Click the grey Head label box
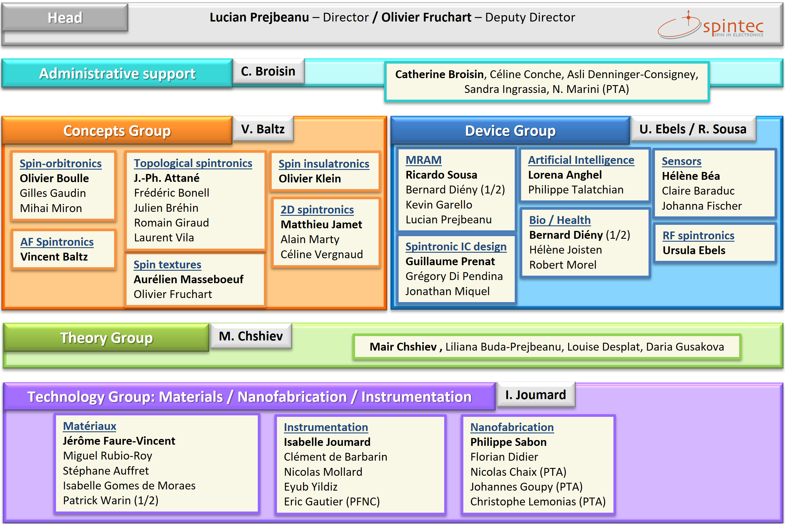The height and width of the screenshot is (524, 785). pos(65,17)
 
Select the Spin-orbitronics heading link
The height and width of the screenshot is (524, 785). pos(60,164)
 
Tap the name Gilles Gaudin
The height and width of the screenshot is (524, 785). pos(53,193)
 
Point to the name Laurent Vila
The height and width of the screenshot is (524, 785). pos(164,238)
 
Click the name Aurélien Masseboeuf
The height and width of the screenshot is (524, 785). pos(188,279)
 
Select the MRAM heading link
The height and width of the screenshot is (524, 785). pos(423,160)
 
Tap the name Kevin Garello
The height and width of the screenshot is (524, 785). pos(439,204)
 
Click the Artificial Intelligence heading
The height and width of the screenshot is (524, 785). pos(581,160)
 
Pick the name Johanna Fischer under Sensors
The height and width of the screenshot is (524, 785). pos(701,206)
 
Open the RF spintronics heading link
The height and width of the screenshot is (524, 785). pos(698,235)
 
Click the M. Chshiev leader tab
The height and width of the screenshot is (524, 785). pos(251,336)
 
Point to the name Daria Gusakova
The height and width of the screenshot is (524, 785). pos(685,347)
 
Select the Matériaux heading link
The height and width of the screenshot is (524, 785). pos(89,426)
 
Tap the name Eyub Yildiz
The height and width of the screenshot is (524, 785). pos(311,487)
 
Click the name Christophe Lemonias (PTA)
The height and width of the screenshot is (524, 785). pos(538,502)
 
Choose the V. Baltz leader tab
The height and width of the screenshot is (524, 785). pos(263,129)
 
